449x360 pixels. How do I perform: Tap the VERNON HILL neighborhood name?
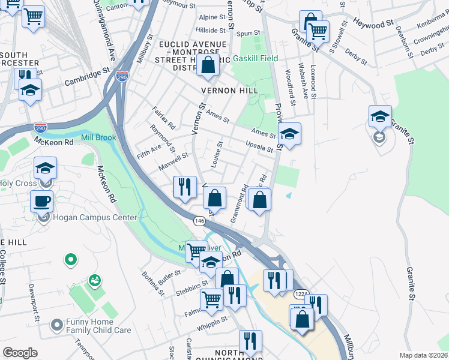[x=232, y=91]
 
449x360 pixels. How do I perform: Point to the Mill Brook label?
[x=98, y=137]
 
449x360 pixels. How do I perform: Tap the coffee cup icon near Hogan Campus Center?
[x=41, y=202]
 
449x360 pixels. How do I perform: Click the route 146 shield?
[x=199, y=221]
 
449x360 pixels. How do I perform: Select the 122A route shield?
[x=301, y=295]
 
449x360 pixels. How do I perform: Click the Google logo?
[x=20, y=353]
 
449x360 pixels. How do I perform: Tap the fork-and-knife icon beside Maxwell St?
[x=185, y=187]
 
